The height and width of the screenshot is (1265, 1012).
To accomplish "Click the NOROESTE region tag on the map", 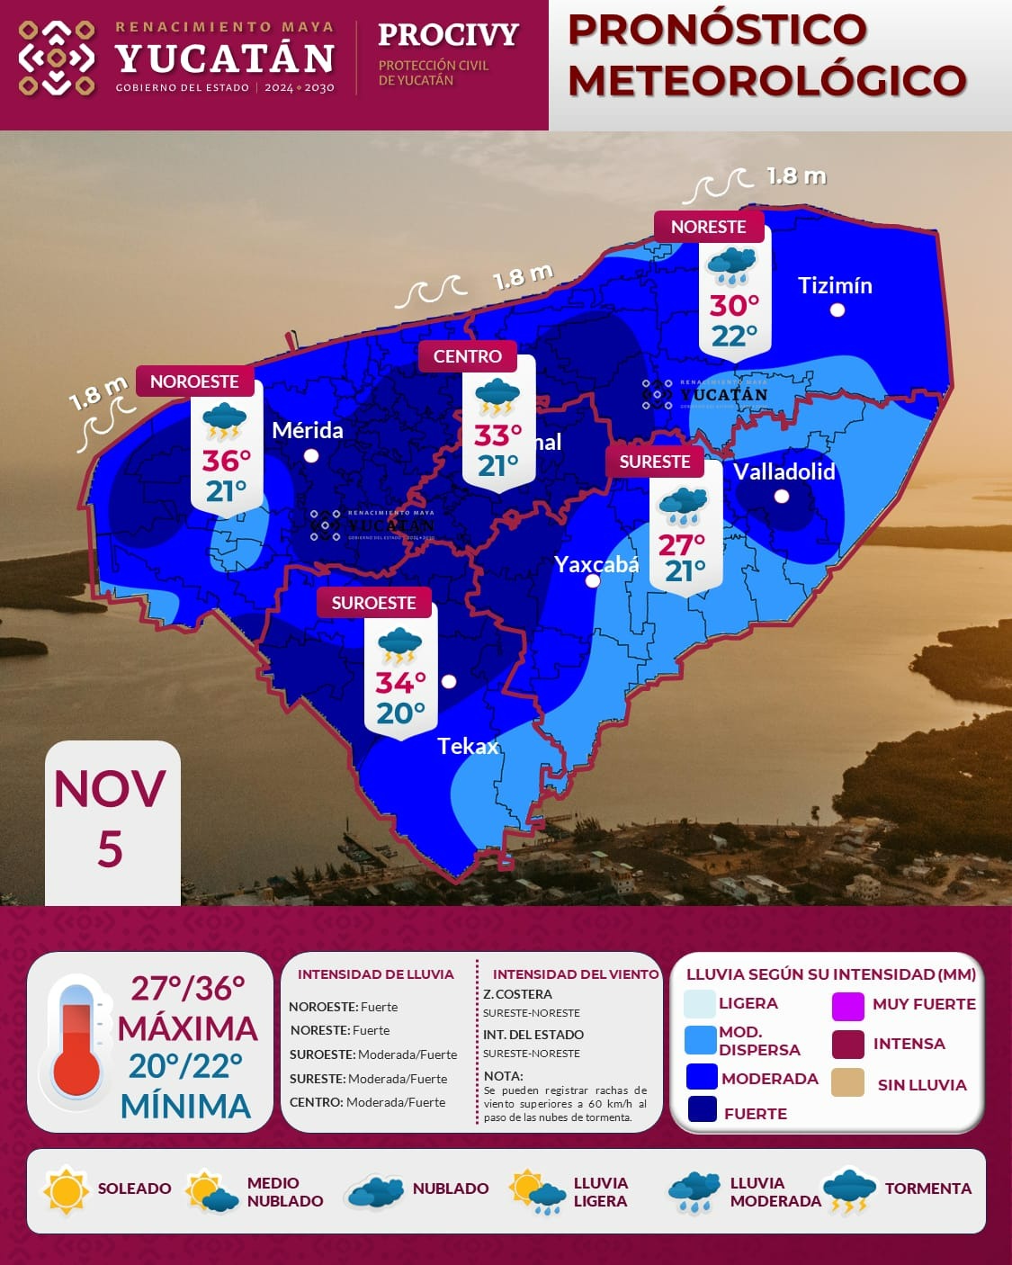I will (194, 381).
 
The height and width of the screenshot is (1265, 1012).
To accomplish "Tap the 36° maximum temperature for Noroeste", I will (226, 461).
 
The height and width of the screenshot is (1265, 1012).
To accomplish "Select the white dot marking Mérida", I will (311, 456).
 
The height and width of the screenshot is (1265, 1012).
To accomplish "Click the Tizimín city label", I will (835, 286).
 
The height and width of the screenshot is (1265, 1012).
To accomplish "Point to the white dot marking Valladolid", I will (782, 497).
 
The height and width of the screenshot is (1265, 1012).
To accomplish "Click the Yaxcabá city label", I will (596, 565).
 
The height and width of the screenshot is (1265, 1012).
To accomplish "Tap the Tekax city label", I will (468, 746).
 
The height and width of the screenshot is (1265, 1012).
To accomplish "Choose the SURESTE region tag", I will (654, 462).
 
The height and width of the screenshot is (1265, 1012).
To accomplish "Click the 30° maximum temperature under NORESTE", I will (734, 306).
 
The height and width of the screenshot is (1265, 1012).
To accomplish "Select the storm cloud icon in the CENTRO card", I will (497, 397).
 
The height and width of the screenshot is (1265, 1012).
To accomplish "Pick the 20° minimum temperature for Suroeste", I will (400, 713).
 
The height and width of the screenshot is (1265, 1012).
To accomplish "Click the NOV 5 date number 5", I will (110, 849).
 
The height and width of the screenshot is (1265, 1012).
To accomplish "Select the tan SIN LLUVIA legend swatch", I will (847, 1083).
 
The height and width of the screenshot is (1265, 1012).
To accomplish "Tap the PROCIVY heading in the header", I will (448, 35).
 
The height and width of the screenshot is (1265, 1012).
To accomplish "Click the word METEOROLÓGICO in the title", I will (766, 80).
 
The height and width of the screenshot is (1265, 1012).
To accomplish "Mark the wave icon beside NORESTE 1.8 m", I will (717, 185).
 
